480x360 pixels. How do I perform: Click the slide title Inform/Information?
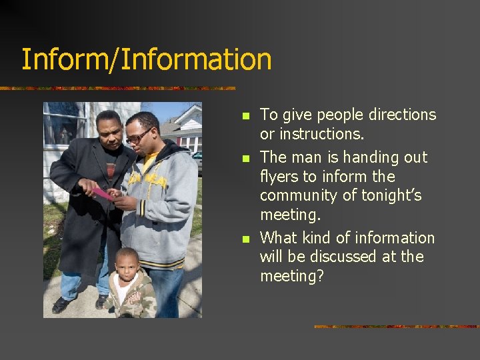click(147, 59)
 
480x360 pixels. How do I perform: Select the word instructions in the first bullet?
click(321, 134)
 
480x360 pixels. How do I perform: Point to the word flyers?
click(281, 177)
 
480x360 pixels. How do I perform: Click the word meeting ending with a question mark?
click(291, 276)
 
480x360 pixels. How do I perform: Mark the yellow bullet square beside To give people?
click(245, 116)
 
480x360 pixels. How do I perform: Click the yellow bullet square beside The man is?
click(245, 159)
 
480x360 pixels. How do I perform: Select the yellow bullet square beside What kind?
click(245, 239)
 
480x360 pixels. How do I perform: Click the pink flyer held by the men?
click(101, 193)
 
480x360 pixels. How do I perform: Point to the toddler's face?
click(127, 265)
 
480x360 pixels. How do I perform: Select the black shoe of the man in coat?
click(63, 305)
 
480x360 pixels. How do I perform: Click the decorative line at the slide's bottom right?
click(396, 327)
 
